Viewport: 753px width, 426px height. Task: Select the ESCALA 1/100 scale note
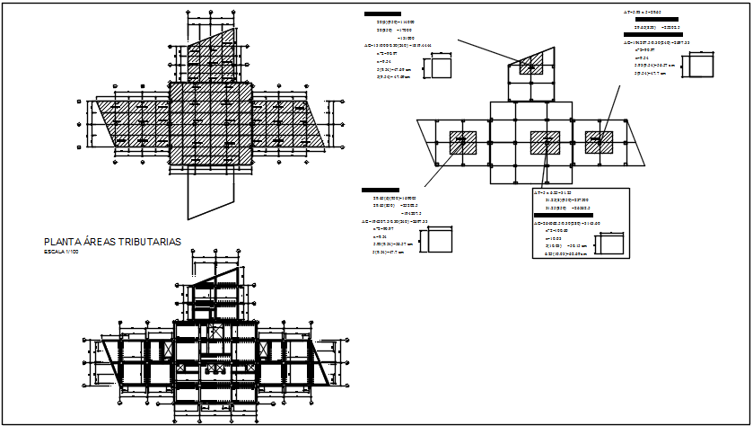[x=61, y=252]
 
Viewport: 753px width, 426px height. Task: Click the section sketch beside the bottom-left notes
[x=439, y=241]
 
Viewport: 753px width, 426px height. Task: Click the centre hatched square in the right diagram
[x=545, y=142]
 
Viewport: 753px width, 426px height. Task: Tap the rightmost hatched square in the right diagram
[x=599, y=141]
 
